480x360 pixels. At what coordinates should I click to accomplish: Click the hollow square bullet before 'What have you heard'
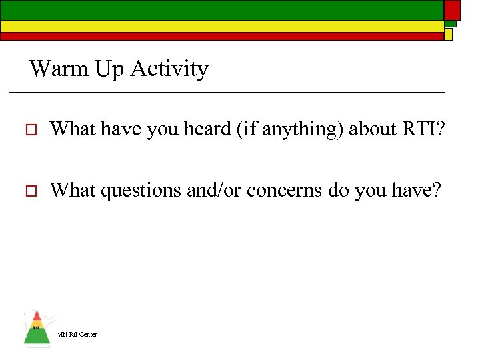coord(27,129)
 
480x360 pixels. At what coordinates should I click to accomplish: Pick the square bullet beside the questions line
coord(27,191)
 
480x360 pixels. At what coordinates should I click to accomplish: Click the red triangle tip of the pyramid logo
coord(37,316)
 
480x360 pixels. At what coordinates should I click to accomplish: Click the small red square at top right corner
coord(452,9)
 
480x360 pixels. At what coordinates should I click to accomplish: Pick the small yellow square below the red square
coord(449,34)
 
